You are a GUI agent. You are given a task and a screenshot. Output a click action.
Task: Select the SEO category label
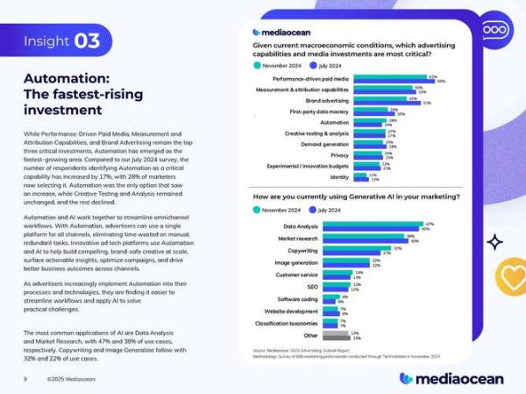point(311,286)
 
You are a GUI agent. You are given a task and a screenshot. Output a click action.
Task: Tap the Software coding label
point(297,298)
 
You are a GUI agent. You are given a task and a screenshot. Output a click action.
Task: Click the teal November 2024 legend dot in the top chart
point(256,64)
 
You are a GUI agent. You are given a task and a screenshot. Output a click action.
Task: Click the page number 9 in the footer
point(25,379)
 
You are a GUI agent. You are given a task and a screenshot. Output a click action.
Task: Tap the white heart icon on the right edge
point(511,278)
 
